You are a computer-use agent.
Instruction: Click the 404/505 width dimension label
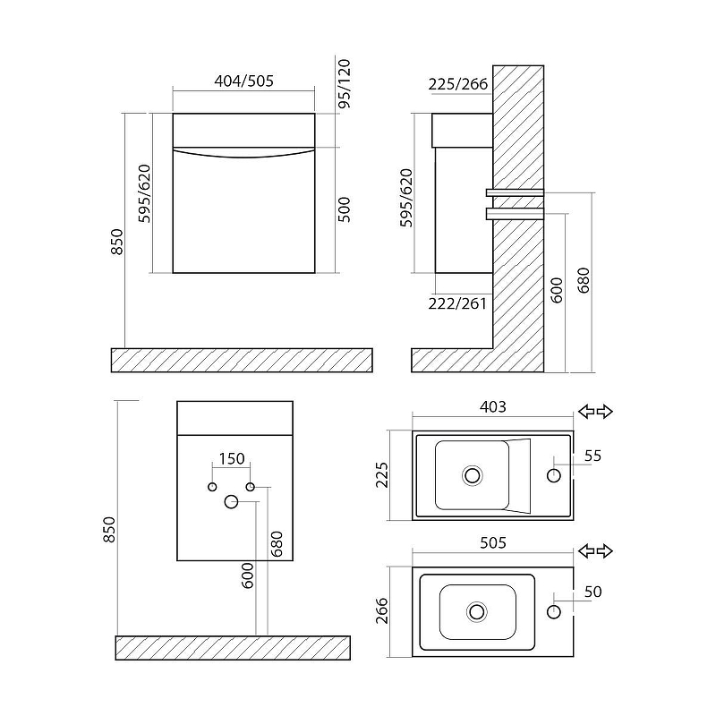tap(243, 81)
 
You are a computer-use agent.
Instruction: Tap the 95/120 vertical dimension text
tap(345, 83)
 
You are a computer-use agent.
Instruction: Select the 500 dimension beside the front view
tap(345, 209)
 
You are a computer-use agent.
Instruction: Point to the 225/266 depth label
tap(458, 84)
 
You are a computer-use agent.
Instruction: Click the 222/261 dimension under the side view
tap(457, 303)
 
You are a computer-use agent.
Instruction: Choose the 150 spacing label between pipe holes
tap(232, 458)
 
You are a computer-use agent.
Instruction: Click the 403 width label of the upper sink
tap(493, 406)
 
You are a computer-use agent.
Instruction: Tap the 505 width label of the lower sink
tap(493, 542)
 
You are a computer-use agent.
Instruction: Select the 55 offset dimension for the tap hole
tap(592, 456)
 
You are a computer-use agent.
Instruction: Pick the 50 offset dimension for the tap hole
tap(592, 592)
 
